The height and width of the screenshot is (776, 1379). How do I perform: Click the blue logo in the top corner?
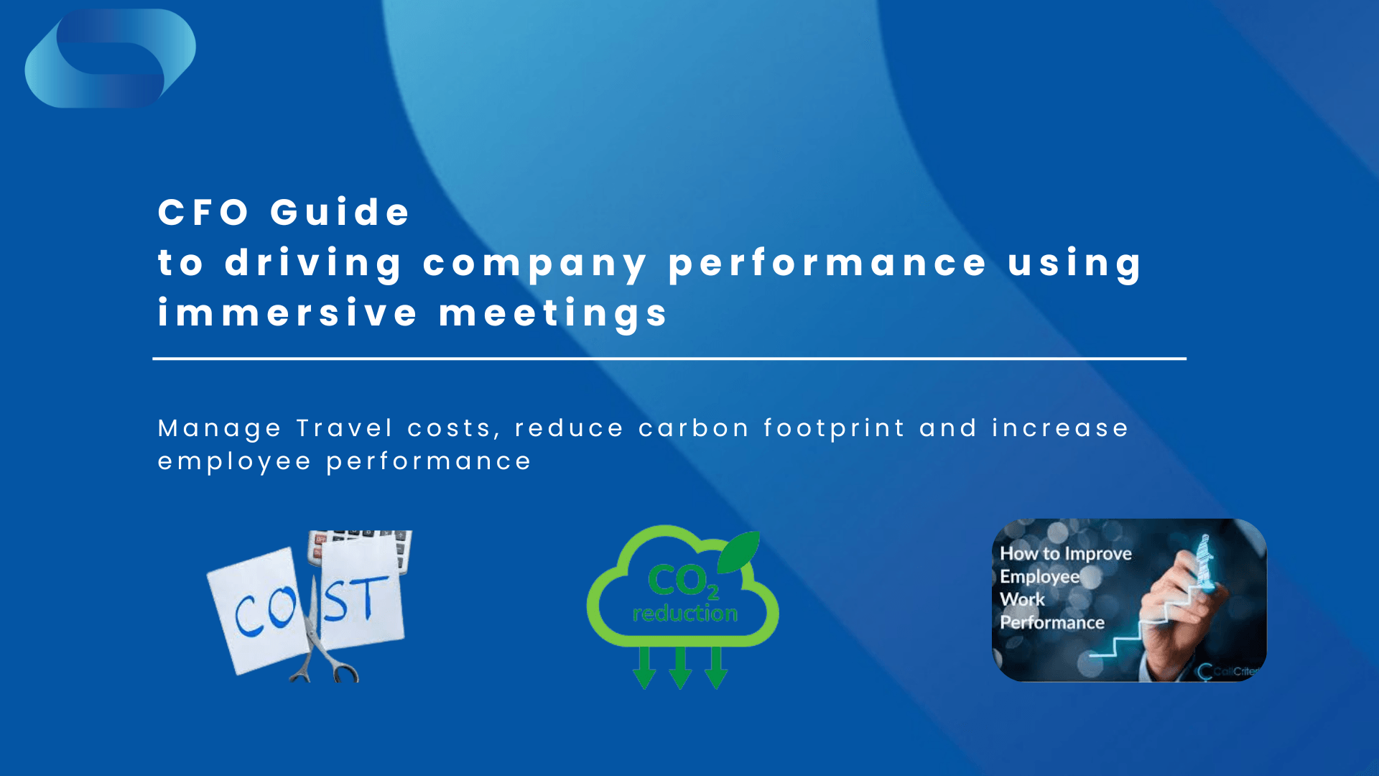coord(110,59)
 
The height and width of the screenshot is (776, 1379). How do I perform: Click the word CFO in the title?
coord(203,213)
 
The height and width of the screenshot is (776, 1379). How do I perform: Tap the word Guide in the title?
coord(340,213)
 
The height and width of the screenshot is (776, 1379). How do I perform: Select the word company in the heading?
coord(535,264)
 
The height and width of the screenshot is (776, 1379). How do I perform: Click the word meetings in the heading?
coord(554,313)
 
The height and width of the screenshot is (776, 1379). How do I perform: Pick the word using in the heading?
coord(1074,264)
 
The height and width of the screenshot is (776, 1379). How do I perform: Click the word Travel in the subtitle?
coord(345,428)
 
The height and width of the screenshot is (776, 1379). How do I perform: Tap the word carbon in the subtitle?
coord(694,428)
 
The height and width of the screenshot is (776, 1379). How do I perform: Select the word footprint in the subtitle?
coord(834,428)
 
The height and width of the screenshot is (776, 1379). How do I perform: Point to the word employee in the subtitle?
coord(235,461)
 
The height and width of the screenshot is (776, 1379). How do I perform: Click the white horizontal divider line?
coord(669,359)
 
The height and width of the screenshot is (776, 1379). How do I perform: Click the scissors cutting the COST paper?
coord(316,647)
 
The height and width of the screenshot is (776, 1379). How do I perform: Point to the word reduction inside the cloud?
coord(685,613)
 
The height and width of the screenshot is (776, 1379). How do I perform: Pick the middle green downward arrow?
coord(680,668)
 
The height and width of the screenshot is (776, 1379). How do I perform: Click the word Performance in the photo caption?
coord(1052,622)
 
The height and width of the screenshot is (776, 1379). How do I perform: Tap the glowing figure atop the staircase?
coord(1204,560)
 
